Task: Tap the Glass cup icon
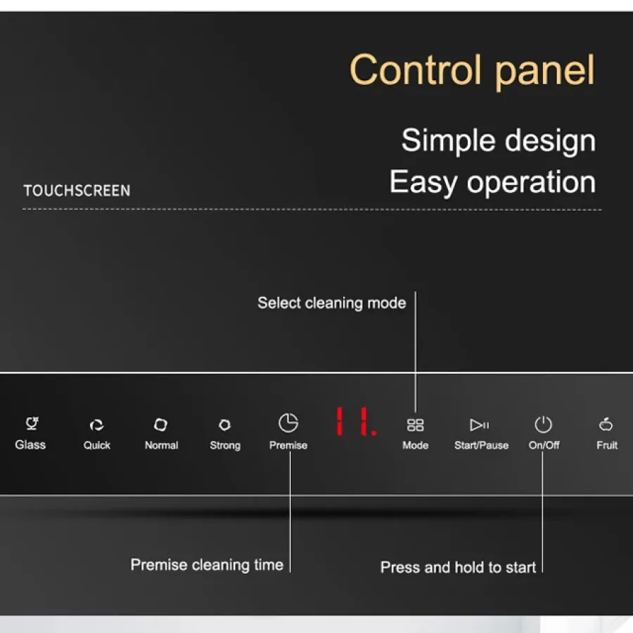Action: [32, 423]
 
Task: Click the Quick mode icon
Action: [96, 425]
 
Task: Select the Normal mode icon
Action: [160, 425]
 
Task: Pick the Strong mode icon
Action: [225, 425]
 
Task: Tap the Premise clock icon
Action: [288, 423]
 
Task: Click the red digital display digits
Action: [356, 421]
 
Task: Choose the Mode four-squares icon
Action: [415, 425]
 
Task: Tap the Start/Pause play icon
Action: [480, 425]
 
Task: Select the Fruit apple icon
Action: [606, 424]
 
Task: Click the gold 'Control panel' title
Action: [472, 71]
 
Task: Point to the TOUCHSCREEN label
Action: [77, 191]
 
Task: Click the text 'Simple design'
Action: [499, 141]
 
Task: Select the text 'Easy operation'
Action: [492, 182]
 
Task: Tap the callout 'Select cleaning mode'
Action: [332, 303]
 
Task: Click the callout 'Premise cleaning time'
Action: [207, 565]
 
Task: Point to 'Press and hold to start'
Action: [458, 567]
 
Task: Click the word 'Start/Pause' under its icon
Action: [481, 445]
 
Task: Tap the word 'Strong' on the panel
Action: [225, 446]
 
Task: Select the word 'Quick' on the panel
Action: [97, 445]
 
